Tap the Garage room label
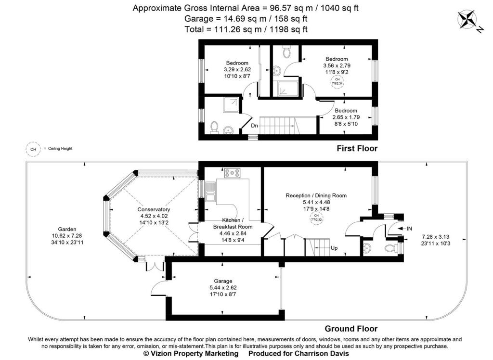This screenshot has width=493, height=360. (x=223, y=281)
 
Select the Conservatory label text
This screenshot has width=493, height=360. (x=154, y=210)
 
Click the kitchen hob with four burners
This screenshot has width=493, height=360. (x=232, y=172)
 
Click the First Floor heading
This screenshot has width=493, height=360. (x=357, y=149)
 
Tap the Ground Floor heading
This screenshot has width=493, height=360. (x=350, y=329)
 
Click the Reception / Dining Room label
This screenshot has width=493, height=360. (x=316, y=195)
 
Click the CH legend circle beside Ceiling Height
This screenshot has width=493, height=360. (x=33, y=149)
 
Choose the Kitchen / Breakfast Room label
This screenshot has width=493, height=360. (x=233, y=223)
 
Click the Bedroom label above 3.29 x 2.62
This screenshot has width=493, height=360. (x=237, y=63)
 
